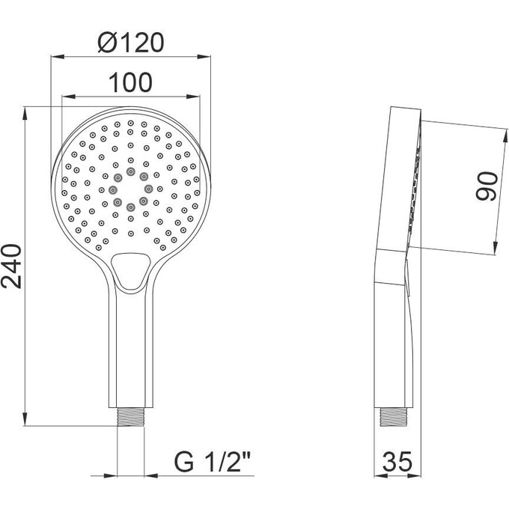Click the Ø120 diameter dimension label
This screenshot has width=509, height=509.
point(131,43)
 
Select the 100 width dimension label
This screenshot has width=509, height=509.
point(131,83)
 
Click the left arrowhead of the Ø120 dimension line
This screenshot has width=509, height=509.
point(55,56)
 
